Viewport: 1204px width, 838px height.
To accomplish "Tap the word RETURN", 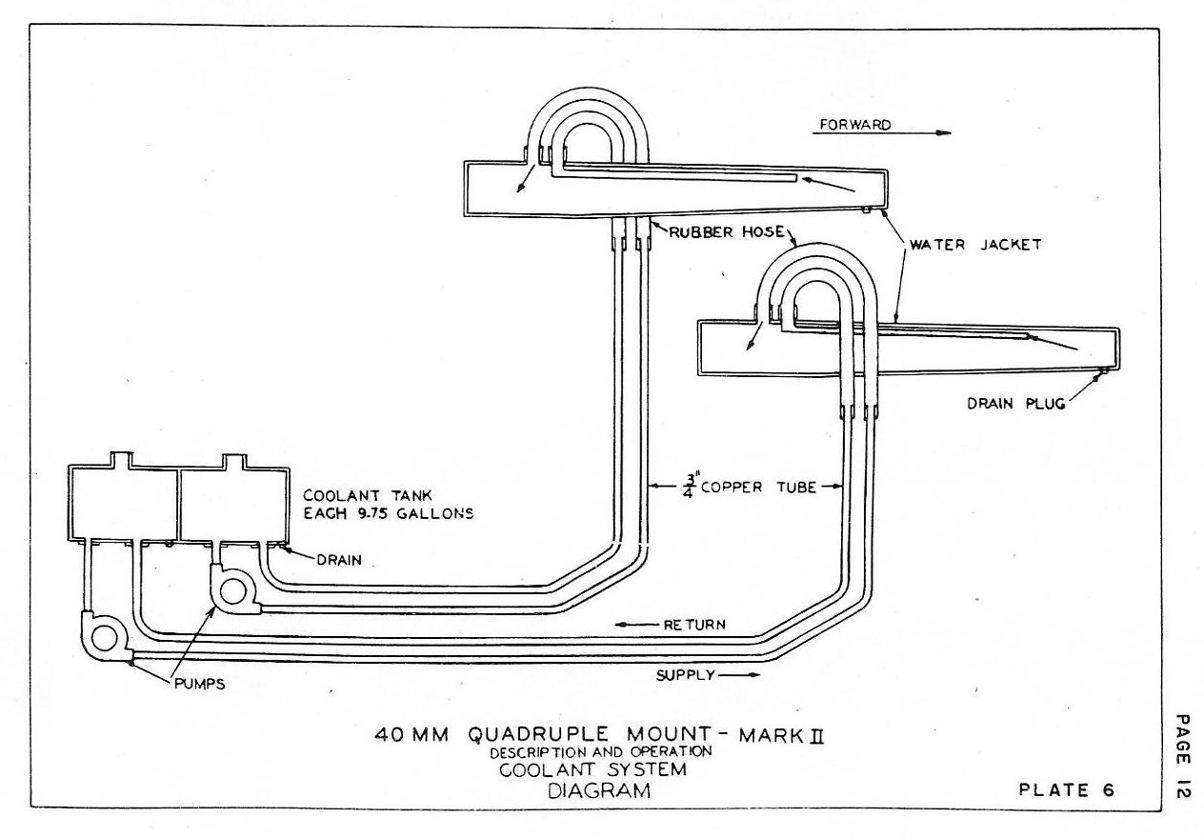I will pyautogui.click(x=693, y=626).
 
